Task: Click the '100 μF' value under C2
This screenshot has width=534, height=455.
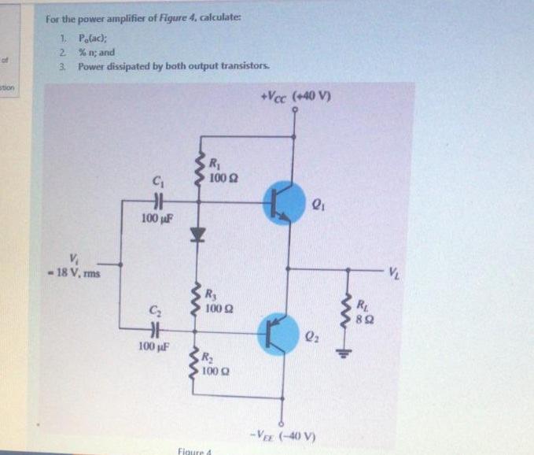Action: pos(153,346)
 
